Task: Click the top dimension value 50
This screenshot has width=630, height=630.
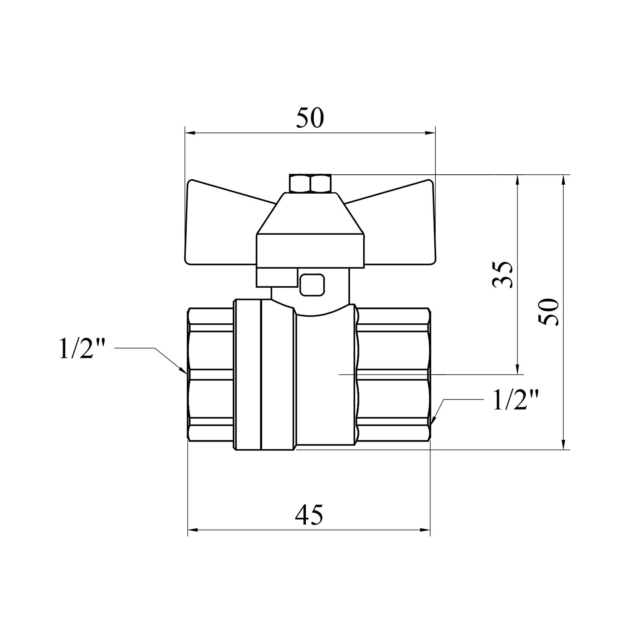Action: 310,118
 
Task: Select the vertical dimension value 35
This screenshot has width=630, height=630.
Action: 503,274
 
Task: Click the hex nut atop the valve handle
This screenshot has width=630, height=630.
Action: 310,183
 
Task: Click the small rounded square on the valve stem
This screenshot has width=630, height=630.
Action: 312,284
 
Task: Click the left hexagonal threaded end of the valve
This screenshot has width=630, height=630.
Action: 210,374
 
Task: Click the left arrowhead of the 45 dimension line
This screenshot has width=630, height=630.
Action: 192,530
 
